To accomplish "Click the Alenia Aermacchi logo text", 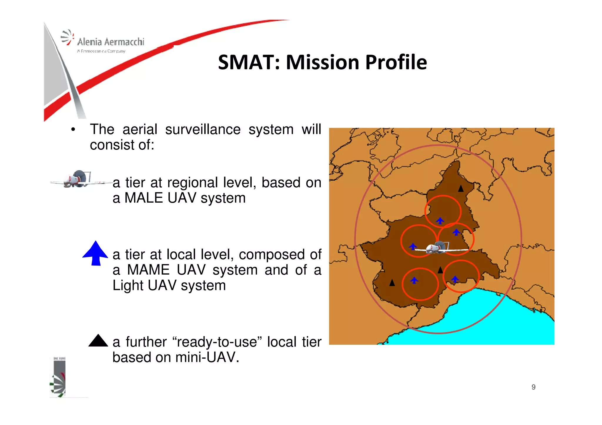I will click(111, 42).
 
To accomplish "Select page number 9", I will click(533, 387).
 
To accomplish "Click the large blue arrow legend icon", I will click(95, 253).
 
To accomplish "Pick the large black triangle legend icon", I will click(98, 341).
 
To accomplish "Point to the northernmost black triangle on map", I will click(461, 189).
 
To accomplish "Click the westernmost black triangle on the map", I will click(392, 283).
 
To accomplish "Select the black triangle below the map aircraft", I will click(440, 270).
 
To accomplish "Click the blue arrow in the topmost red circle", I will click(440, 221).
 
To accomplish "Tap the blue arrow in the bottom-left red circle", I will click(414, 280).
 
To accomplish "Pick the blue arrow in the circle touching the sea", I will click(455, 279).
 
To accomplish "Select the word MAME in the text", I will click(148, 270).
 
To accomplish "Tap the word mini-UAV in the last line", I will click(207, 357).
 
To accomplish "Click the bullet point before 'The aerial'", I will click(73, 130).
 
